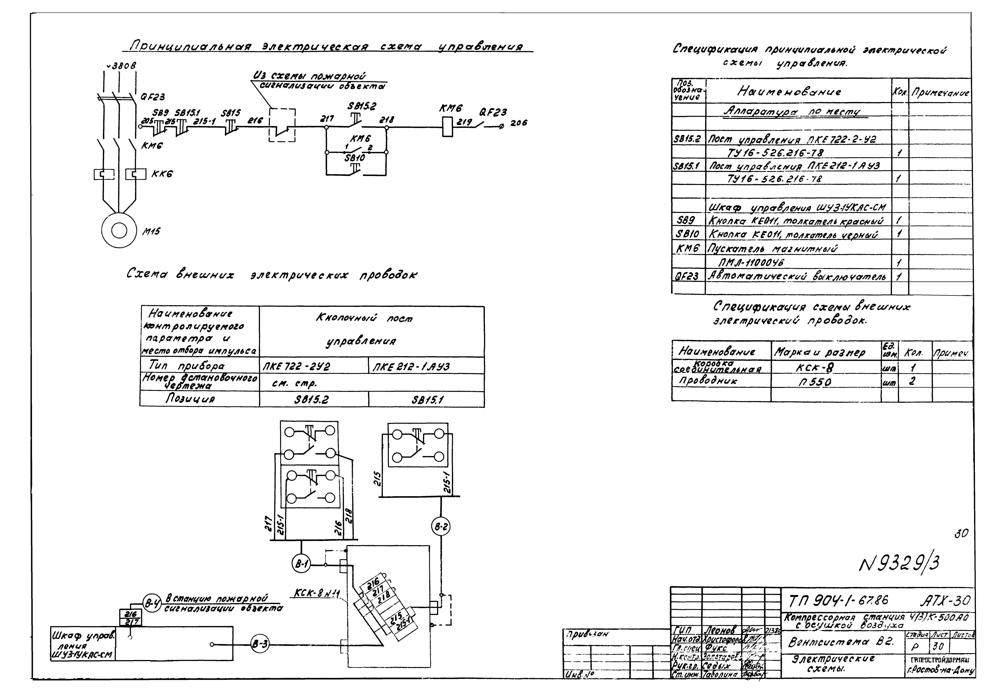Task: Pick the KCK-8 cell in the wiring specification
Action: [x=814, y=368]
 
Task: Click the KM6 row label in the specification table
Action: [x=688, y=249]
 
